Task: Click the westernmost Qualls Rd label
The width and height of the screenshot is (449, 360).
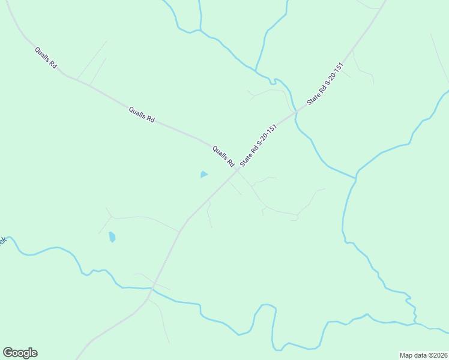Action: (46, 58)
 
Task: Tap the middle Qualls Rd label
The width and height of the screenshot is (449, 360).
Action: (142, 115)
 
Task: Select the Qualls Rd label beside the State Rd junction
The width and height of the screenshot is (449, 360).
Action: (222, 156)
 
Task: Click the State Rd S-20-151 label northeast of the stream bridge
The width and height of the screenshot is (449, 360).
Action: (325, 84)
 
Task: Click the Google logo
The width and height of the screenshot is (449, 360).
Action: (20, 353)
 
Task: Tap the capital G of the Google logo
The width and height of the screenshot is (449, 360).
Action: (7, 352)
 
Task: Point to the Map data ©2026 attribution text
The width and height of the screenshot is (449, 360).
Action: (423, 355)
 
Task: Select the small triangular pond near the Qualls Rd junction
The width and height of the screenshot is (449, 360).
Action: (204, 175)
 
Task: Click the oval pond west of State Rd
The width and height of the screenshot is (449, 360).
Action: (112, 237)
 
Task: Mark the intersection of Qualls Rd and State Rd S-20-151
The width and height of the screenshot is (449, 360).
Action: (237, 170)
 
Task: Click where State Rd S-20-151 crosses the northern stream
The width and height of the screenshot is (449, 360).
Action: (295, 112)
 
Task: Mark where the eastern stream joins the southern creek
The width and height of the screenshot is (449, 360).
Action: (415, 324)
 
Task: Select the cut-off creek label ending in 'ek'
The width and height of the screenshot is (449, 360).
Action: (2, 240)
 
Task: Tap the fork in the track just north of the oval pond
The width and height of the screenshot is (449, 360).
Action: (112, 217)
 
